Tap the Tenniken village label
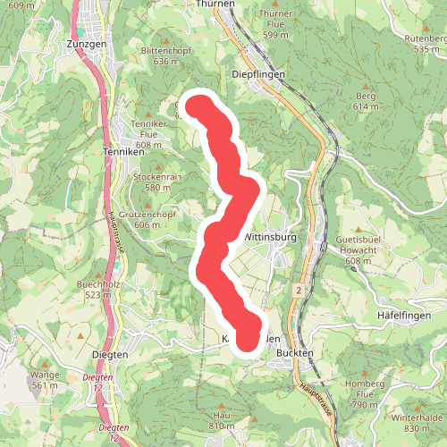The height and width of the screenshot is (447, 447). point(124,152)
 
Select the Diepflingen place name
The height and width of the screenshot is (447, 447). point(257,75)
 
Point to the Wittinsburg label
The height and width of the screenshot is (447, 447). point(269,238)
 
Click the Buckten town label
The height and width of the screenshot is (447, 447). point(295,353)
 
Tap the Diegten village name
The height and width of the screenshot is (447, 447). point(111,354)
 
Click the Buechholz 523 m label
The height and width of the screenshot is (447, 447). point(98,289)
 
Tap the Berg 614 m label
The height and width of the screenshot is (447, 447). point(367,100)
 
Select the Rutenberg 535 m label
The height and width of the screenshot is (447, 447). point(426,44)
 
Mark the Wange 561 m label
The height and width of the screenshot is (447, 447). point(45,380)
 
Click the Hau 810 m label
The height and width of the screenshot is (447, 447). point(222,421)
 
